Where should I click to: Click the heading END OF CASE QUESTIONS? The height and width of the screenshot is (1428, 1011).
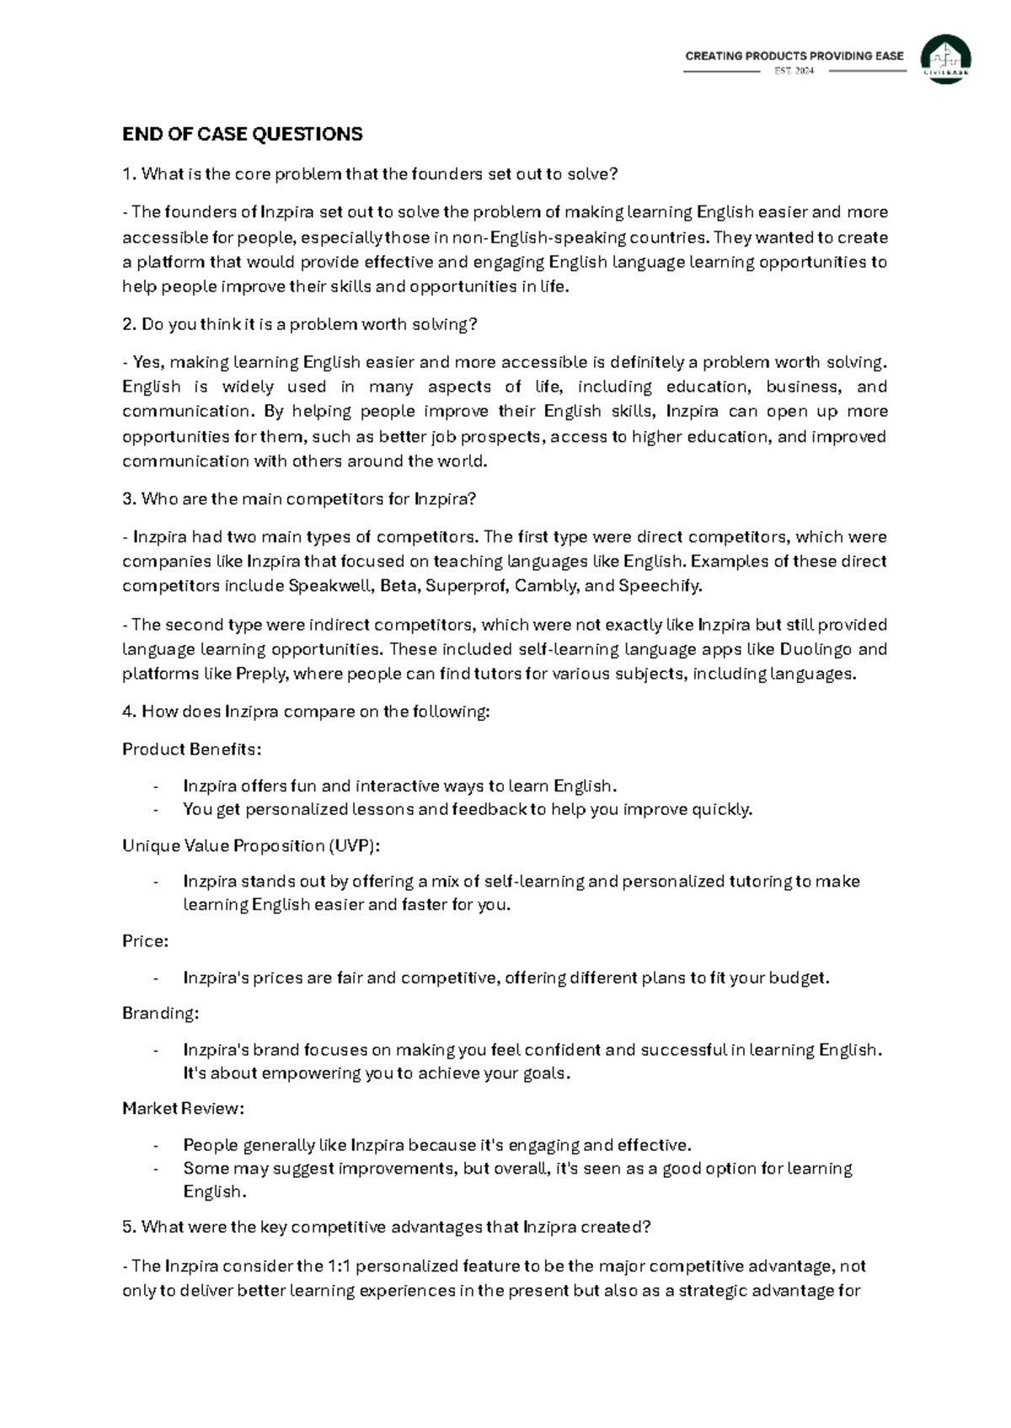[243, 135]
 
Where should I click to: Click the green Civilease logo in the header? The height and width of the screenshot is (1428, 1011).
[945, 59]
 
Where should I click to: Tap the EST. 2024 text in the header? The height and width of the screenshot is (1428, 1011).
[794, 72]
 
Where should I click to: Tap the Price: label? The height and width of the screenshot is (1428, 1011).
[146, 941]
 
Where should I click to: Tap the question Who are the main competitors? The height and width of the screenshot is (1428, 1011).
[299, 498]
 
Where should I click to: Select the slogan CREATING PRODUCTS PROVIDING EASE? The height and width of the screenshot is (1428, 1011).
[794, 56]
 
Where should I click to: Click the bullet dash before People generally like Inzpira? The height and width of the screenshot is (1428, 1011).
[156, 1146]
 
